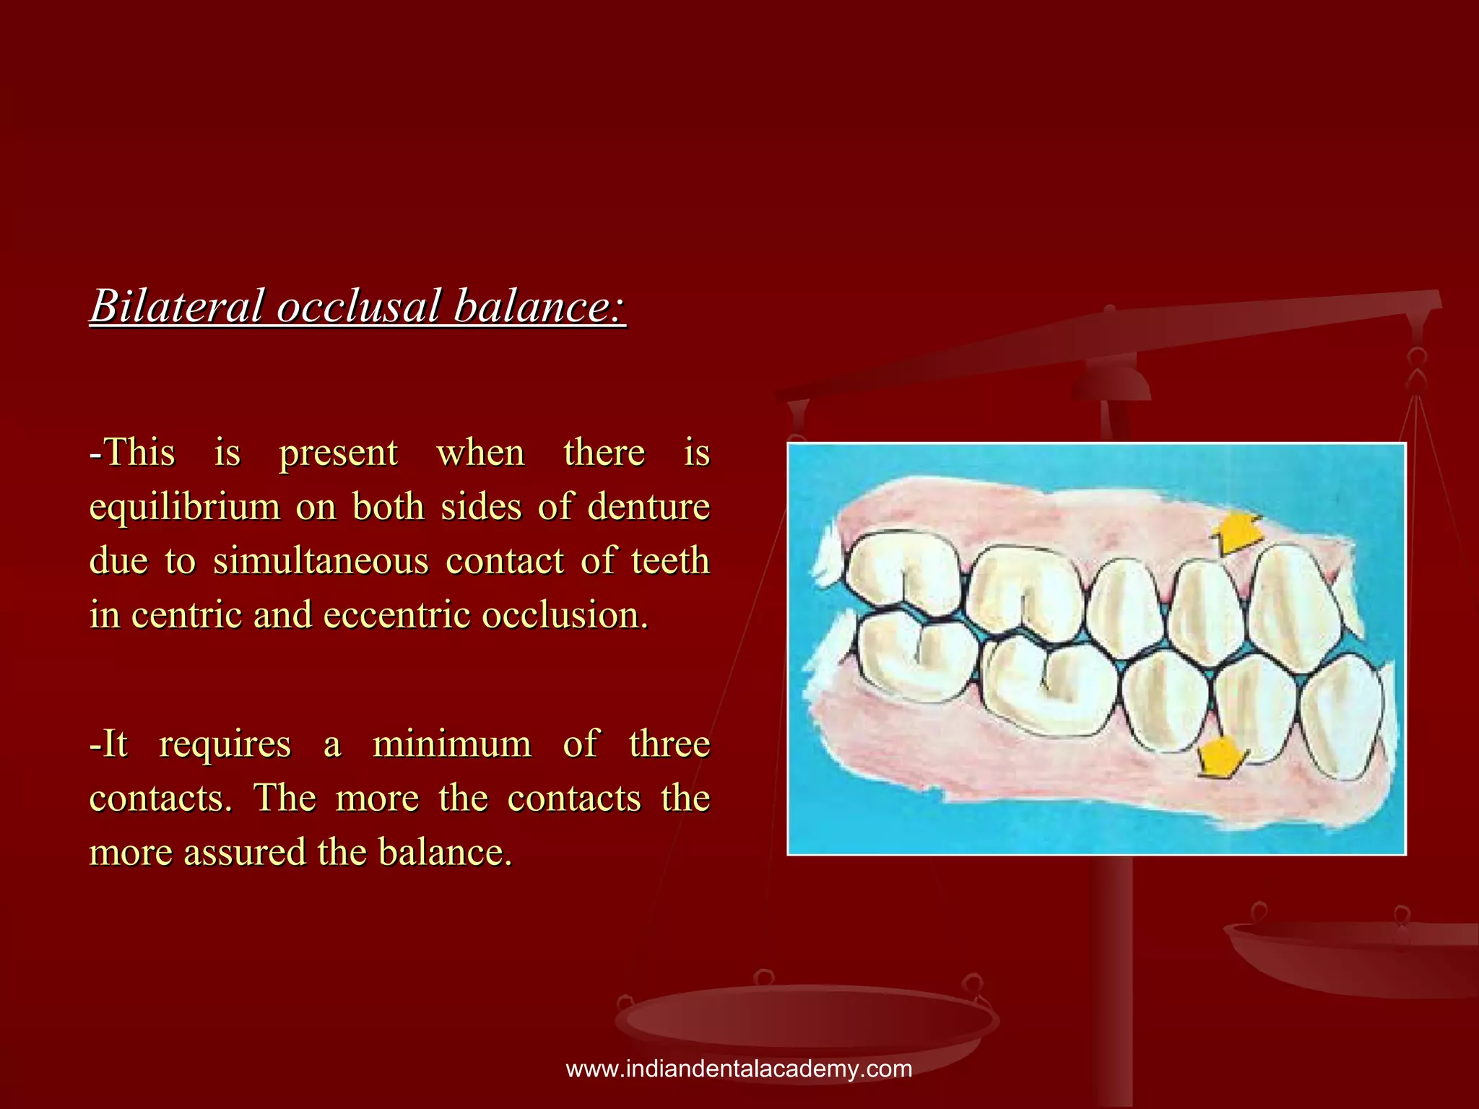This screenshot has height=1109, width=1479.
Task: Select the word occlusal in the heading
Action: click(x=358, y=305)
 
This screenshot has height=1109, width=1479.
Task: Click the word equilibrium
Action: click(x=184, y=507)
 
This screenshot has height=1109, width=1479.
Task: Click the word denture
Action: click(x=648, y=507)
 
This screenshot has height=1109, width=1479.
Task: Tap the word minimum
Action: click(x=451, y=744)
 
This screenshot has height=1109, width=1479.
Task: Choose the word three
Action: click(x=669, y=744)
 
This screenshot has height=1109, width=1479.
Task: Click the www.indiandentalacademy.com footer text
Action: click(x=739, y=1069)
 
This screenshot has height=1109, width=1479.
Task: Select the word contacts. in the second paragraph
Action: click(x=160, y=798)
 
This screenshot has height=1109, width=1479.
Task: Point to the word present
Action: click(x=338, y=453)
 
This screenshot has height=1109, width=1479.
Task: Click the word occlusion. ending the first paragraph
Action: click(x=565, y=615)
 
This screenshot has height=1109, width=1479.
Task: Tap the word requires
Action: click(x=225, y=744)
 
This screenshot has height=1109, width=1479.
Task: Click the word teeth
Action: click(x=670, y=561)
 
